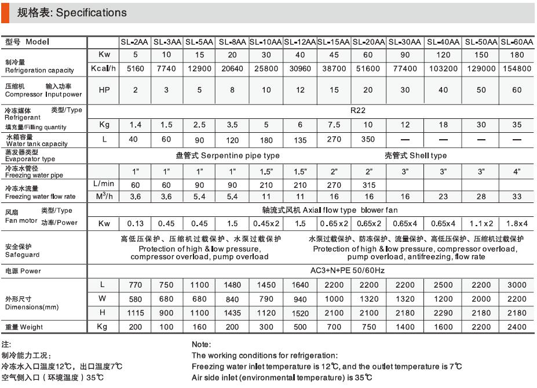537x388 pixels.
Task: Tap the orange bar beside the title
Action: [5, 13]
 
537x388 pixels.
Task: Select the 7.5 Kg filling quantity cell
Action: [334, 125]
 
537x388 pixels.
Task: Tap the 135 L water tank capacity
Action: [300, 140]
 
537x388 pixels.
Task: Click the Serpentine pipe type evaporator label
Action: [228, 155]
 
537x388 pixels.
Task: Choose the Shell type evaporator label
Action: [415, 155]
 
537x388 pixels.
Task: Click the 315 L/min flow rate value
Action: [368, 184]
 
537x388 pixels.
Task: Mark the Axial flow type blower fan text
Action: [330, 210]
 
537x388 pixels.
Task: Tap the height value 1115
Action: [135, 313]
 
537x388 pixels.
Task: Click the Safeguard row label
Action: [23, 251]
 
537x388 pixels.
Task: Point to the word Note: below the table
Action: [201, 345]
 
